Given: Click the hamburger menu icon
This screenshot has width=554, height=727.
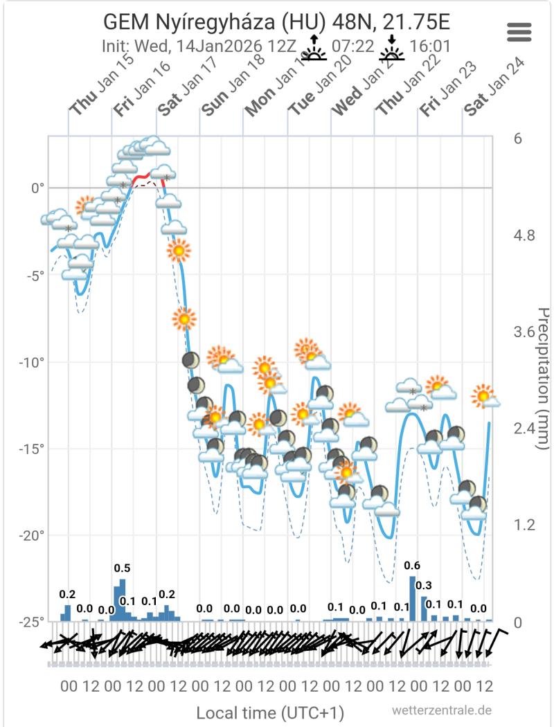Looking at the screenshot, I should [x=519, y=31].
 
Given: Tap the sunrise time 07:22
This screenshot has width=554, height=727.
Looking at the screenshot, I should [x=353, y=47].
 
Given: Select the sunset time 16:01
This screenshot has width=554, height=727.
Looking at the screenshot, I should [x=431, y=47].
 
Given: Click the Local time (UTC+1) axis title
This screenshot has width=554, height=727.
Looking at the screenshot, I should [x=270, y=712].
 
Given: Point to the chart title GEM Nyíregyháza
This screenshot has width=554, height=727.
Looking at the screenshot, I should [x=277, y=22].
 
